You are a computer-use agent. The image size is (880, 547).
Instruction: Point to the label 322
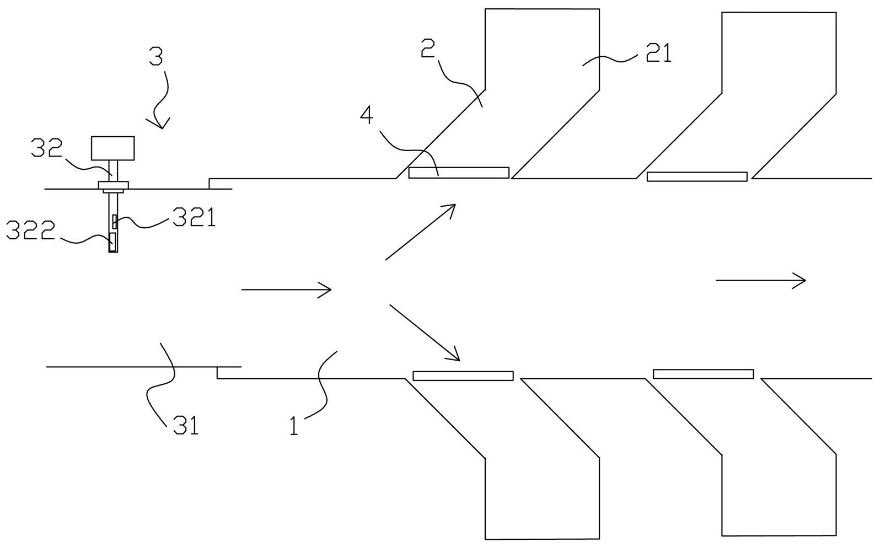30,230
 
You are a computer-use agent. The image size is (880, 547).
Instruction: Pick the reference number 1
294,426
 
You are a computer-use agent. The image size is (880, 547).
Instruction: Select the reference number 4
367,115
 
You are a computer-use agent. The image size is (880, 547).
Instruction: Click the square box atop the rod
112,148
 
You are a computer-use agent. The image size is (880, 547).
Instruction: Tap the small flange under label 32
113,185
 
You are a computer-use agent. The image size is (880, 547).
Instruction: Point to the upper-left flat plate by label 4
458,173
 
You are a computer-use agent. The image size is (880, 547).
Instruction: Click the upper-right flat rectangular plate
697,176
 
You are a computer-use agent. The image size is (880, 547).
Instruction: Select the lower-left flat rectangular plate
463,376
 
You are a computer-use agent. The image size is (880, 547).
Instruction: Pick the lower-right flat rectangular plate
703,373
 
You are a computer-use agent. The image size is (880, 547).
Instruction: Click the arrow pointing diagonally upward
421,232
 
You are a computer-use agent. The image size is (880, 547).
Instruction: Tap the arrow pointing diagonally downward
425,333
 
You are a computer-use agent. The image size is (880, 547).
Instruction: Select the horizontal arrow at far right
761,281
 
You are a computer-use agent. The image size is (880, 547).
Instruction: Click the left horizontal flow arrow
286,289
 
